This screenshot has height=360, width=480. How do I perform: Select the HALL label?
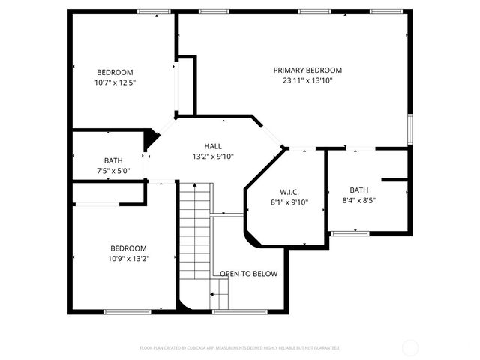(x=213, y=146)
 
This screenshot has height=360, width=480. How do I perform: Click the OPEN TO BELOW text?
(x=248, y=274)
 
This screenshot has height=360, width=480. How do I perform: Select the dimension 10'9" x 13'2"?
(x=129, y=259)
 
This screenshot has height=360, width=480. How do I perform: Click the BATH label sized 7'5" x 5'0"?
(x=113, y=160)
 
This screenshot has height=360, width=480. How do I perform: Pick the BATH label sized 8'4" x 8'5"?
(x=358, y=190)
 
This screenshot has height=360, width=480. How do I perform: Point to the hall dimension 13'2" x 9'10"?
(x=213, y=157)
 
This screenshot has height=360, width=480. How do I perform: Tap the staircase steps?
(x=195, y=225)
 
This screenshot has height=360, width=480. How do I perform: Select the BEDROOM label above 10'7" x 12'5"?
(x=115, y=72)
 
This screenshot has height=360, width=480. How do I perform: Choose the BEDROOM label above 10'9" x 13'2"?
(x=129, y=248)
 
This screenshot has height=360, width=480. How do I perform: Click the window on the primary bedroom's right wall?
(x=409, y=127)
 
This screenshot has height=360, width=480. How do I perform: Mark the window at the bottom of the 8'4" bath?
(x=349, y=234)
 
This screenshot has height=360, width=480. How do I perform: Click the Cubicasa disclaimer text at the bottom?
(x=240, y=348)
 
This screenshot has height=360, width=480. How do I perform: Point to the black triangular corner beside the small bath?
(x=151, y=139)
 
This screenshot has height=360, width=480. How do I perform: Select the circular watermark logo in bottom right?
(x=410, y=347)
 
